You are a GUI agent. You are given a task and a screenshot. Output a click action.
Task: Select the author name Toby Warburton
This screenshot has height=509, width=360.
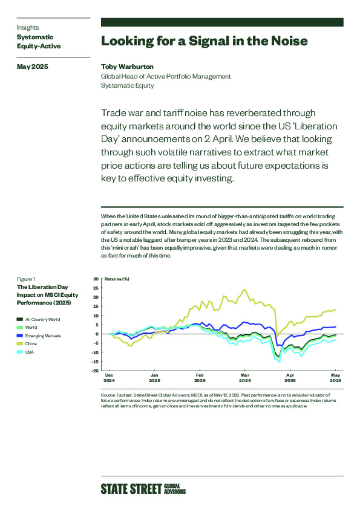127,66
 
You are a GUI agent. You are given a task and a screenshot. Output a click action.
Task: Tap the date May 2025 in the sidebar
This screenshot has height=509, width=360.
33,66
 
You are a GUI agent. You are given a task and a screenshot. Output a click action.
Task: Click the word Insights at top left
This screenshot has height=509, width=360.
28,28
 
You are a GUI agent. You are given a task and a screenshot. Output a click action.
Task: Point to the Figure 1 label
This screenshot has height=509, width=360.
26,279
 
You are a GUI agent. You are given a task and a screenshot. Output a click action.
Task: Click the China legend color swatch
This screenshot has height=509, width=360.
20,344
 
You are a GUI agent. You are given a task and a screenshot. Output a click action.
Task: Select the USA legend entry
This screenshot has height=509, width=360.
25,352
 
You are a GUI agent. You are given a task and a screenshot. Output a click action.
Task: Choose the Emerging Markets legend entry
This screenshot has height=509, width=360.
39,336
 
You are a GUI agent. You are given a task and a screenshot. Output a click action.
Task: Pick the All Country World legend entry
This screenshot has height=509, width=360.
38,319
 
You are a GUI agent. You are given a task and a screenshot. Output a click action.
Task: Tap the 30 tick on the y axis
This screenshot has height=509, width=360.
96,279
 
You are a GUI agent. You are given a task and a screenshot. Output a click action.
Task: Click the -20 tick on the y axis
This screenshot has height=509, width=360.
95,371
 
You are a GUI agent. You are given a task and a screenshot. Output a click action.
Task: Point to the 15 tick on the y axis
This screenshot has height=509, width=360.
96,306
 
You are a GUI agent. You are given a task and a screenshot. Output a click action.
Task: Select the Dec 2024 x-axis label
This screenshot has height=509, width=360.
109,378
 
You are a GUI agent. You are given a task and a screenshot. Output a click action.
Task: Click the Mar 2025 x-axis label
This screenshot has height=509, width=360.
245,378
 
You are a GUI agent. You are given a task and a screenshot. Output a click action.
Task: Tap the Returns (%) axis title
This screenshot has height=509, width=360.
117,279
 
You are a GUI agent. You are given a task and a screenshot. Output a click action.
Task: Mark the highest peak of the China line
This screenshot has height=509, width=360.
244,290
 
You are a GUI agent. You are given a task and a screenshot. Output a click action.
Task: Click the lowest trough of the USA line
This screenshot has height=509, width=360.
280,361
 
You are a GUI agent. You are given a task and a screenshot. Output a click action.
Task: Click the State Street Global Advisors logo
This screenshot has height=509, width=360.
143,489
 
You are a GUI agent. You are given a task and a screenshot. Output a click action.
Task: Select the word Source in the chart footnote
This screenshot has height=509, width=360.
108,395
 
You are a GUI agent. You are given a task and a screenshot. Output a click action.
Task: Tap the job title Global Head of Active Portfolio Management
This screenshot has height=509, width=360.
166,76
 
